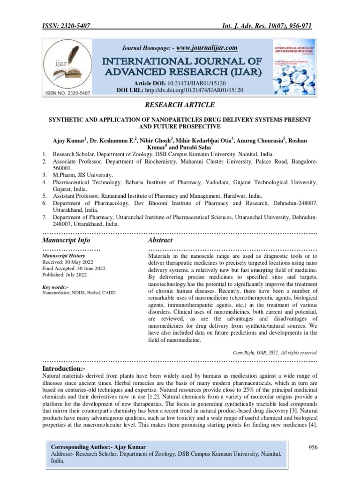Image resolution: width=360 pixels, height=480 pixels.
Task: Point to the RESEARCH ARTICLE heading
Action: click(180, 105)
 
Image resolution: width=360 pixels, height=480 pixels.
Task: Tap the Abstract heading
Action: click(160, 240)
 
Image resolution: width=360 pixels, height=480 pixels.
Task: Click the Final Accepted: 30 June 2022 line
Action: click(74, 269)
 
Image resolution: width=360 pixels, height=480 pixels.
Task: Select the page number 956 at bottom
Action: click(312, 447)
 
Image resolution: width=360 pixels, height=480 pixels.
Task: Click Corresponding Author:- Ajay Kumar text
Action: click(98, 447)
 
